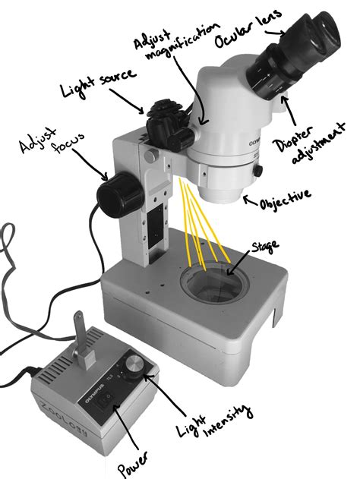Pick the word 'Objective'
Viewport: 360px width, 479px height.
point(285,199)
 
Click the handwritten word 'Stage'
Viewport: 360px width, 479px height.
point(264,247)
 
